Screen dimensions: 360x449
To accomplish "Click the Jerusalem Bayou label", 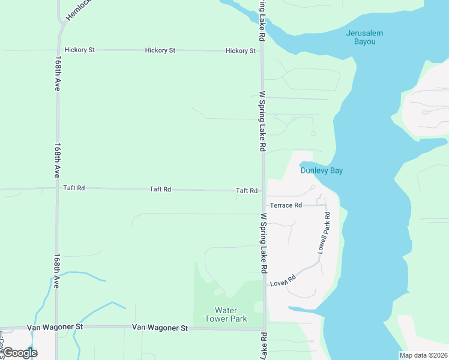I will click(x=364, y=37).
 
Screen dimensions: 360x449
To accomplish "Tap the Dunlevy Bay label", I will click(x=321, y=170).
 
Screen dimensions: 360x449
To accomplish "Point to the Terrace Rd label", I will click(x=286, y=205).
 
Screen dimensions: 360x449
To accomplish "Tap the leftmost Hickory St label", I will click(x=79, y=50).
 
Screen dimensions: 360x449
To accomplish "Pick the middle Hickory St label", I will click(x=160, y=50).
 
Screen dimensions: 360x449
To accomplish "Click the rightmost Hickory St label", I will click(x=241, y=51).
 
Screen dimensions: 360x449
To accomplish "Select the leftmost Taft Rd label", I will click(x=74, y=188).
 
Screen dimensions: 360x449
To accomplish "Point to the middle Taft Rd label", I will click(x=160, y=189).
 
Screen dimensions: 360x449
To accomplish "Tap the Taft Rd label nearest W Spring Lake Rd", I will click(x=247, y=191).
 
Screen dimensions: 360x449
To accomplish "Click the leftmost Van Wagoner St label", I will click(x=54, y=326).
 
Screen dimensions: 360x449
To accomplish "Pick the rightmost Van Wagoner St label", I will click(x=160, y=328).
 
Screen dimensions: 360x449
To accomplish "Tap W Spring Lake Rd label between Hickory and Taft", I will click(x=262, y=121).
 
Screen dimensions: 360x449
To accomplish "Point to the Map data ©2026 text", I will click(x=423, y=355).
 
